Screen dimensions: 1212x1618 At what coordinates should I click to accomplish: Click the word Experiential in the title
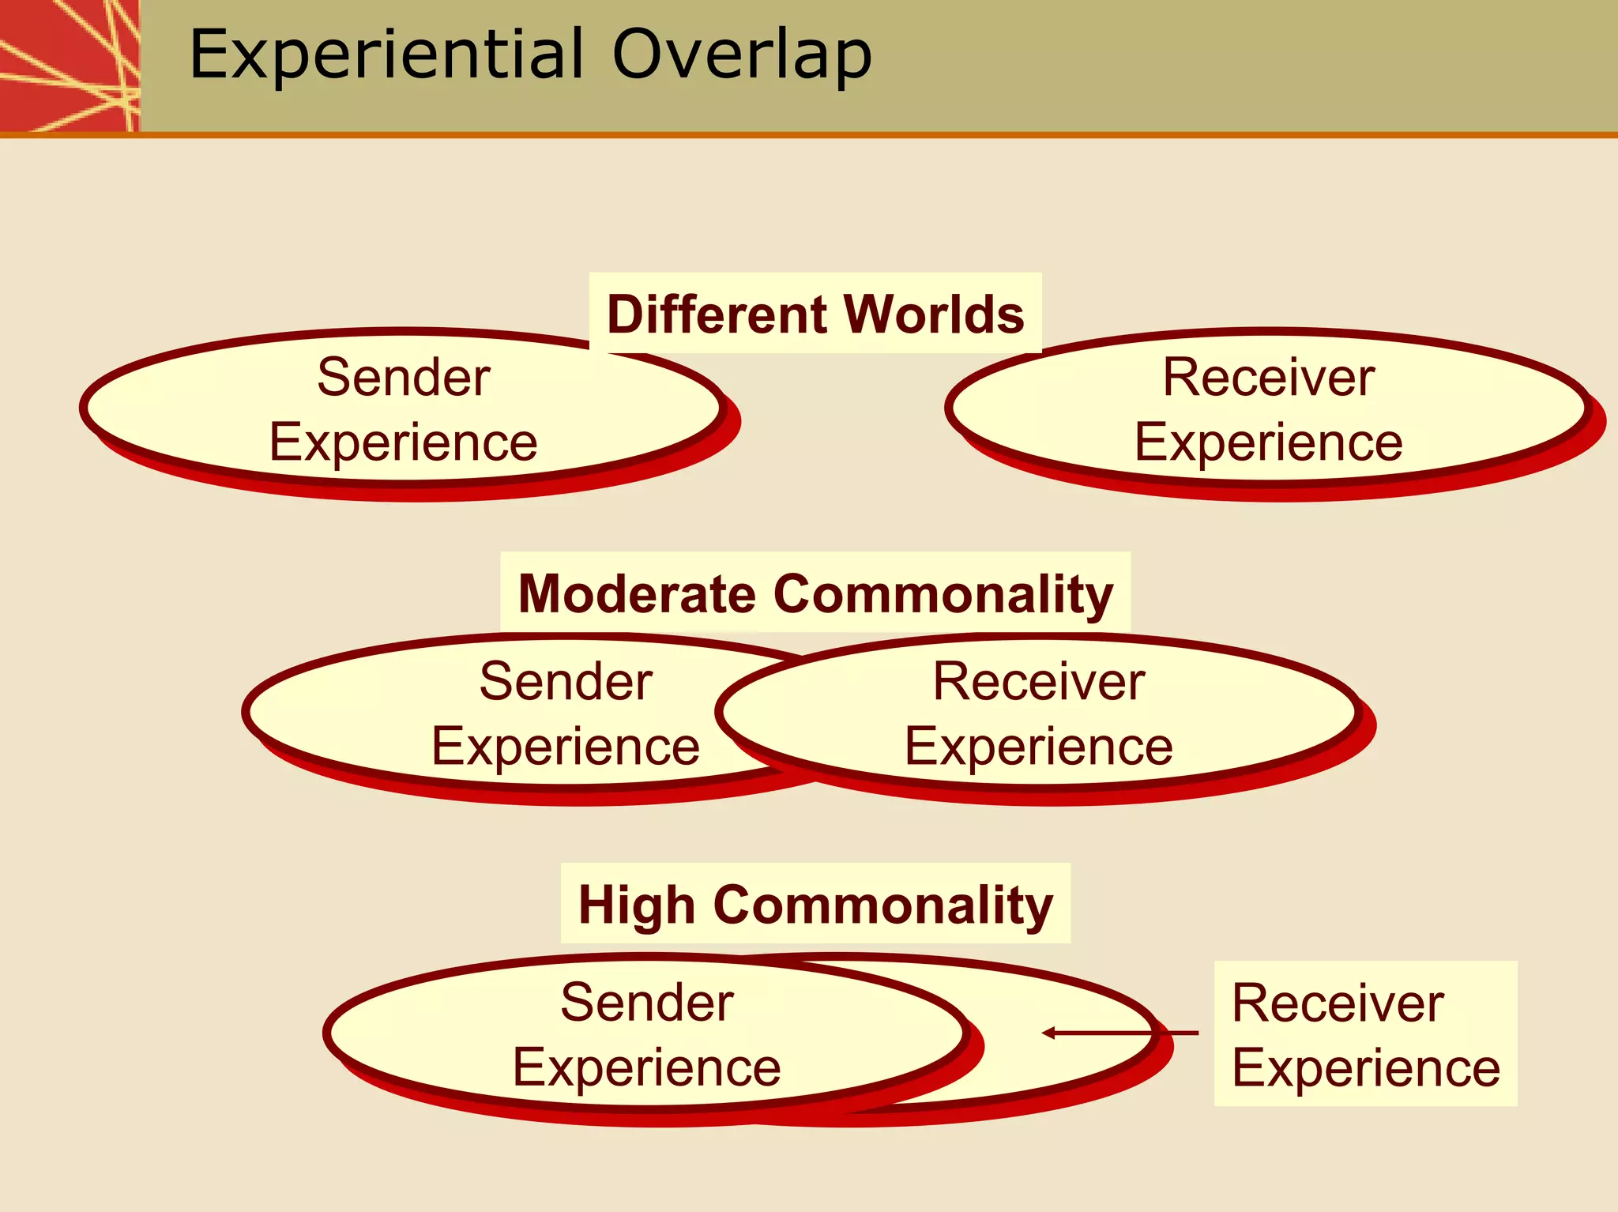[x=386, y=55]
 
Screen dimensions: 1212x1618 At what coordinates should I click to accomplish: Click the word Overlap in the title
[x=742, y=55]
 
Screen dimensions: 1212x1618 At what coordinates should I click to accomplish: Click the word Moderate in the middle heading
[x=636, y=594]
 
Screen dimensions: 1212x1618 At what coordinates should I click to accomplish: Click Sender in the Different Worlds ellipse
[x=404, y=377]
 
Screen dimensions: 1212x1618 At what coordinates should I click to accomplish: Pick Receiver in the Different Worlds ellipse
[x=1269, y=377]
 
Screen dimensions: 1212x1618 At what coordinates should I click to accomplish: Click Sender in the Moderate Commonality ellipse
[x=566, y=681]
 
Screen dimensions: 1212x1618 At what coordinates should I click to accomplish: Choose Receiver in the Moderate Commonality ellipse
[x=1039, y=681]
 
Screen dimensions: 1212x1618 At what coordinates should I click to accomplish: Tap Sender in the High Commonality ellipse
[x=647, y=1003]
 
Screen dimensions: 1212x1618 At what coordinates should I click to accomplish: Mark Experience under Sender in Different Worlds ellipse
[x=404, y=442]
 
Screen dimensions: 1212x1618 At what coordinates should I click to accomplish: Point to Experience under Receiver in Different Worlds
[x=1269, y=442]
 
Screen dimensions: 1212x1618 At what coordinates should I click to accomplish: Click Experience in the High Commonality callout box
[x=1366, y=1068]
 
